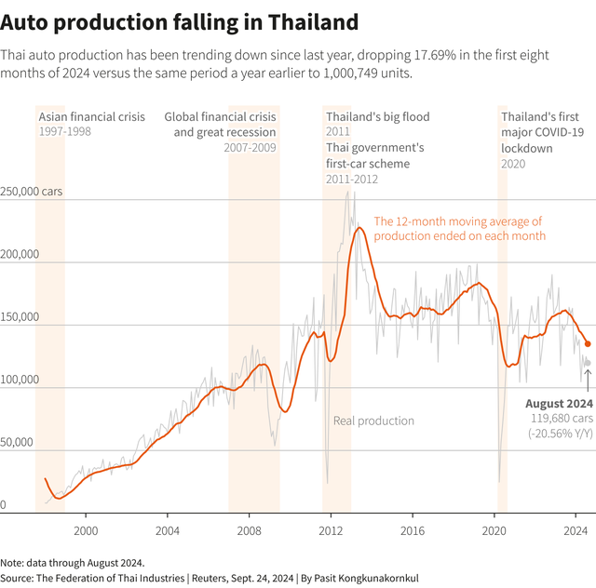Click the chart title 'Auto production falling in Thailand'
click(x=179, y=20)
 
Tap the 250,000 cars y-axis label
click(x=32, y=192)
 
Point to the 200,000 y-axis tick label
click(x=20, y=255)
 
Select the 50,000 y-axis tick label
click(x=18, y=443)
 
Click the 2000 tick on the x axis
click(x=86, y=530)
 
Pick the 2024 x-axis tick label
click(x=576, y=530)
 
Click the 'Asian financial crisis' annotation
click(x=91, y=117)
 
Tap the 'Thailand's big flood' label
click(x=378, y=117)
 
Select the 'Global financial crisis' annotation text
click(x=220, y=117)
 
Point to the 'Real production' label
click(x=373, y=421)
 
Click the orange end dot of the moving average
click(x=587, y=343)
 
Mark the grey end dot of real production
click(x=587, y=363)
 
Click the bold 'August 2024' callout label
click(x=559, y=404)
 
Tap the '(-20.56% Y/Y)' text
click(x=561, y=434)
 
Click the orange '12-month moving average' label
click(x=459, y=229)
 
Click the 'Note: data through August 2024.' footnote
click(x=73, y=563)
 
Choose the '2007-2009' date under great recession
click(x=250, y=148)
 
